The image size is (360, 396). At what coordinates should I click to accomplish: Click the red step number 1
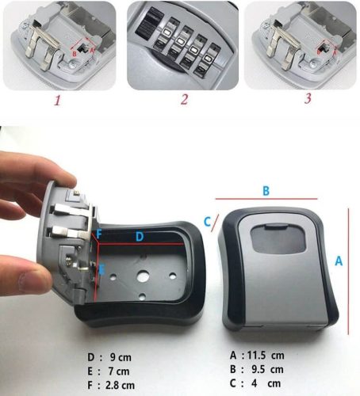click(58, 101)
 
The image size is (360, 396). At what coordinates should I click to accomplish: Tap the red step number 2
click(185, 100)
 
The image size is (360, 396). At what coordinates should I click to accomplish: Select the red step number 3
click(308, 98)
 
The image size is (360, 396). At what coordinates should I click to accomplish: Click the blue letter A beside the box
click(339, 261)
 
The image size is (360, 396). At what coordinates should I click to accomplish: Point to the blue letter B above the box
click(266, 191)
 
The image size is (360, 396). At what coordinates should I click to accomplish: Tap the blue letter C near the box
click(207, 222)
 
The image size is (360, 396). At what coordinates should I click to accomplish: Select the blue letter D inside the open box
click(140, 237)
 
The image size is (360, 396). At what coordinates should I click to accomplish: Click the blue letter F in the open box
click(99, 234)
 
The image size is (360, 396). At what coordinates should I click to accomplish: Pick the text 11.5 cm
click(266, 356)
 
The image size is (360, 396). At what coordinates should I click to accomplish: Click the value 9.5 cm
click(267, 369)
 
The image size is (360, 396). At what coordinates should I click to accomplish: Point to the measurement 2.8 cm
click(120, 385)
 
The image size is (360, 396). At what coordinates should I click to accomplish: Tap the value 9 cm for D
click(121, 357)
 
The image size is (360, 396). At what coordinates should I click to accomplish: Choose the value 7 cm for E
click(119, 371)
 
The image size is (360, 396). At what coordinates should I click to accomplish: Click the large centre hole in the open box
click(143, 276)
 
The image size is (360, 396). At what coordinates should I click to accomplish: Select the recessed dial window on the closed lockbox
click(278, 239)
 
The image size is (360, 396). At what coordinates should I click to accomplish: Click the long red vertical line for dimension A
click(348, 272)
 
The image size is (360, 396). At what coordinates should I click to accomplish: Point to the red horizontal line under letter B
click(266, 199)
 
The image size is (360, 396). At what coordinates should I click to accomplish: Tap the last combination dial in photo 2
click(207, 59)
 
